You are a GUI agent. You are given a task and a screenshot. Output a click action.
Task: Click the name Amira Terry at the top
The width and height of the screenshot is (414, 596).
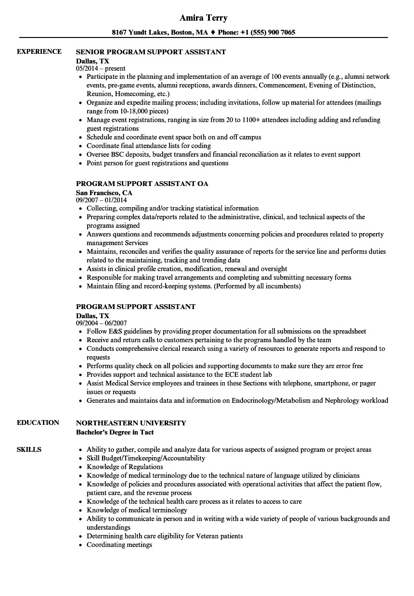[203, 18]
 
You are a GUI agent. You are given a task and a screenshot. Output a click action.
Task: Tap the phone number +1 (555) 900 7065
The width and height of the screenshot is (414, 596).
[269, 33]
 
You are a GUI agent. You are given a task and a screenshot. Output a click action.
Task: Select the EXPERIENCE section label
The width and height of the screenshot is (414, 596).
[39, 51]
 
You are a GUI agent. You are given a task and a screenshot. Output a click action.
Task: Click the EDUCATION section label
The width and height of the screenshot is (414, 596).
[38, 422]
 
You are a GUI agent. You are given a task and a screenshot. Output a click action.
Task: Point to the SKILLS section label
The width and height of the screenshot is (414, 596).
[29, 449]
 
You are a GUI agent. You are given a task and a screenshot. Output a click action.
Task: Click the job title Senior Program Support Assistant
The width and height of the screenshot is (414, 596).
[151, 52]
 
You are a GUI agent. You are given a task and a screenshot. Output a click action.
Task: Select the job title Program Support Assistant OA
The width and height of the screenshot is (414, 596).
[142, 184]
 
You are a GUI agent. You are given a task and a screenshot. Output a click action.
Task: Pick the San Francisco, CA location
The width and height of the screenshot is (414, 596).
[104, 193]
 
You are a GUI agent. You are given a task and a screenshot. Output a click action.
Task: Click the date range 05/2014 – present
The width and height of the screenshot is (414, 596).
[101, 68]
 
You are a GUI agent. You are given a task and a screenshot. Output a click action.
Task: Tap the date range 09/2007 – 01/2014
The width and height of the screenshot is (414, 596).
[102, 200]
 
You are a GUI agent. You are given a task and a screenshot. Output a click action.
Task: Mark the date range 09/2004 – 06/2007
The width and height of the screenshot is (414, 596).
[102, 323]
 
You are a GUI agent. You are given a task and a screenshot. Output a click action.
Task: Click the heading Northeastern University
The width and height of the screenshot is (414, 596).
[131, 423]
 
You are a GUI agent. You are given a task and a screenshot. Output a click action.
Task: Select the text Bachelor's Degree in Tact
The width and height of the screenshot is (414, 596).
[115, 432]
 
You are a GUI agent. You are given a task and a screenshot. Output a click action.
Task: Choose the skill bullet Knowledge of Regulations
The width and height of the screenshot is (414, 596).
[125, 467]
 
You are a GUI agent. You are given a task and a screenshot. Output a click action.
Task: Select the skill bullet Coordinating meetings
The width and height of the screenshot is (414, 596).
[119, 545]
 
